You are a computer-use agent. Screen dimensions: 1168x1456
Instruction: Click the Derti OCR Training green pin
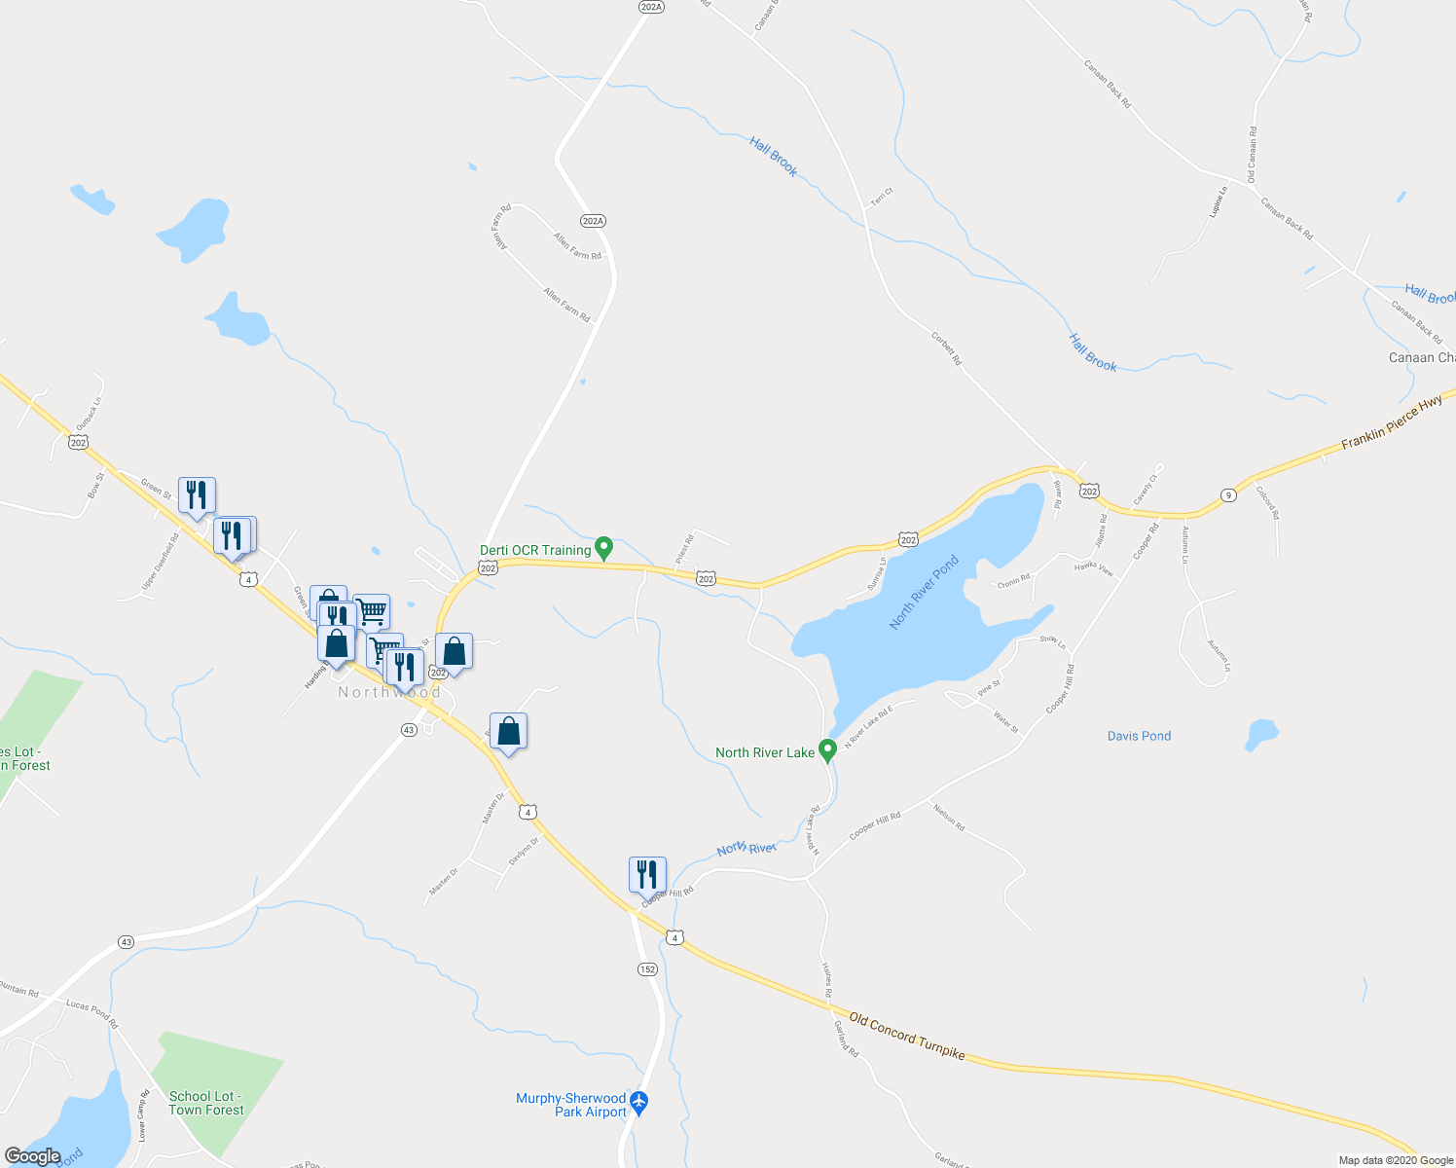(x=603, y=549)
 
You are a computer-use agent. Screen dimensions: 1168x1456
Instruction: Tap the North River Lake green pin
(x=827, y=750)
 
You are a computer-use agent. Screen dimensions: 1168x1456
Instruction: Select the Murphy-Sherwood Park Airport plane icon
(x=638, y=1103)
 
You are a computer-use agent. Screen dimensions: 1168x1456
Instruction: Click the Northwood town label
(x=389, y=692)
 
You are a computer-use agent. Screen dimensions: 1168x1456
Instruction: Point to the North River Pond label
(x=924, y=592)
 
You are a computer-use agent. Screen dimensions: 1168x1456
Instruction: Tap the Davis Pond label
(x=1139, y=736)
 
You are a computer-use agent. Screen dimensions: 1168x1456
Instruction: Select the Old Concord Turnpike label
(x=906, y=1037)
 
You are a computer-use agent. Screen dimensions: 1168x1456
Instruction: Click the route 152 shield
(x=647, y=969)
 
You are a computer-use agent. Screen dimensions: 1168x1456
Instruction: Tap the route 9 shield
(x=1228, y=495)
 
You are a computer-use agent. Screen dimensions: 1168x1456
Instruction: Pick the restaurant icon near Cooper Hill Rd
(x=647, y=875)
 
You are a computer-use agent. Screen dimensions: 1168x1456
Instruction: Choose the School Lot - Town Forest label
(x=205, y=1103)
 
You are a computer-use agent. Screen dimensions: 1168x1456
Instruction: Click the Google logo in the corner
(x=32, y=1156)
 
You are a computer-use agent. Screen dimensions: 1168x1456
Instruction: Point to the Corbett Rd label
(x=946, y=348)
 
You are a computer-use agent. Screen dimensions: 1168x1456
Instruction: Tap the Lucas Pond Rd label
(x=91, y=1013)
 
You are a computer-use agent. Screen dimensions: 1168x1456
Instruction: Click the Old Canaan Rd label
(x=1252, y=155)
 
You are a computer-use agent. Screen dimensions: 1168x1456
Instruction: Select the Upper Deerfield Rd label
(x=161, y=561)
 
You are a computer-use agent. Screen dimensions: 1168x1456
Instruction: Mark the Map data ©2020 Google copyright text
(x=1394, y=1160)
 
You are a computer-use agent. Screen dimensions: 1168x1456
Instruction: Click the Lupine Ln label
(x=1217, y=201)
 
